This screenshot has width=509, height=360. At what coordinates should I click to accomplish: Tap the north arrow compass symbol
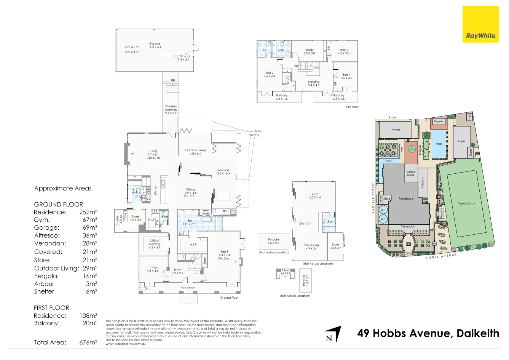click(x=333, y=334)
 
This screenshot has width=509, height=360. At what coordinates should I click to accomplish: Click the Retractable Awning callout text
click(x=254, y=133)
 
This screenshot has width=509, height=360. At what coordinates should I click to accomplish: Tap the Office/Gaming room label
click(x=155, y=244)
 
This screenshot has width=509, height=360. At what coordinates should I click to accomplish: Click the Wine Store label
click(x=206, y=212)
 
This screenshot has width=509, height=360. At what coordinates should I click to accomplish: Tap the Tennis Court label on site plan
click(x=466, y=203)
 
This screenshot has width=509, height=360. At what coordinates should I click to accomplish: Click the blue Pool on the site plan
click(x=439, y=144)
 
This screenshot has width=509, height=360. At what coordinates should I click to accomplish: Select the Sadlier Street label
click(x=373, y=197)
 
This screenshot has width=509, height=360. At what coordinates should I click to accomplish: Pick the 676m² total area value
click(x=88, y=342)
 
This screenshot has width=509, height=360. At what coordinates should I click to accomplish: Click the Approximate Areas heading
click(x=63, y=188)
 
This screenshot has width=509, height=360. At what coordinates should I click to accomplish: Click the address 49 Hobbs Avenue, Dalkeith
click(x=428, y=333)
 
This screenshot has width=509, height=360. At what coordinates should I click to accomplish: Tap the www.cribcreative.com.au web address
click(x=126, y=344)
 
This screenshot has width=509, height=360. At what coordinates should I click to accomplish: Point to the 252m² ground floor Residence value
click(x=88, y=212)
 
